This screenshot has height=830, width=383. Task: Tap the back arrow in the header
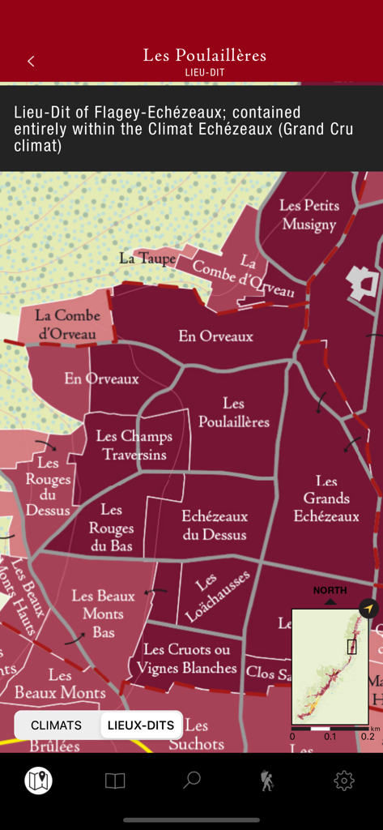tap(31, 61)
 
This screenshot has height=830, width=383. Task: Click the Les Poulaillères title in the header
tap(205, 56)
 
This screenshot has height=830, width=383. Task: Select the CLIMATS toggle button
tap(57, 725)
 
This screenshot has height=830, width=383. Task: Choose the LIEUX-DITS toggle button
tap(141, 725)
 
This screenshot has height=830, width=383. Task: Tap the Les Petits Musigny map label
tap(308, 215)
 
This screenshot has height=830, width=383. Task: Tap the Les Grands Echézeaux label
tap(326, 498)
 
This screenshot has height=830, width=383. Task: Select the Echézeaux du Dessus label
tap(215, 524)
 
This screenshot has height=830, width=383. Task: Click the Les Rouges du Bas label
tap(111, 528)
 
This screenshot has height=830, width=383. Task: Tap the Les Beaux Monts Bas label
tap(103, 614)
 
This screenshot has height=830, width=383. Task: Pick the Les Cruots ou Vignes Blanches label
tap(187, 658)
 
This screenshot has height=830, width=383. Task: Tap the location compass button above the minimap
tap(368, 608)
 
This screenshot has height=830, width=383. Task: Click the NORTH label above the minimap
tap(330, 590)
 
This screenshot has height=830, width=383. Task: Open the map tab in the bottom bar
tap(38, 781)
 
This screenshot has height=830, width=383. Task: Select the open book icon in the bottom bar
tap(115, 781)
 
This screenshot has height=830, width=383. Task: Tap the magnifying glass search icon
tap(191, 781)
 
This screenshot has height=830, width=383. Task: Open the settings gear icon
tap(344, 781)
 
